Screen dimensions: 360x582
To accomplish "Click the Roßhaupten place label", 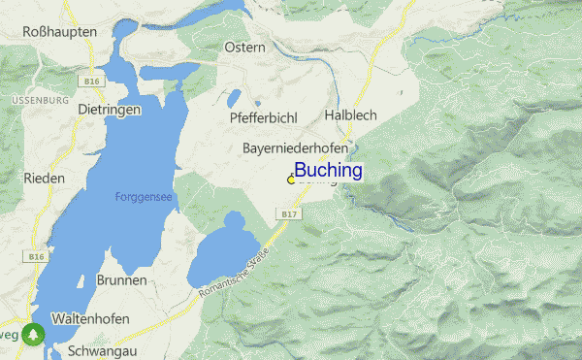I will (x=60, y=32).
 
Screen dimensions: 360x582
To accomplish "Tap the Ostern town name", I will (x=244, y=48).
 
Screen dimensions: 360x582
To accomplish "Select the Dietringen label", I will (x=110, y=110).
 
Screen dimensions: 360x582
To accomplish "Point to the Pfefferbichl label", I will (x=263, y=116).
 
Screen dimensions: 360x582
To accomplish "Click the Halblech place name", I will (x=349, y=115).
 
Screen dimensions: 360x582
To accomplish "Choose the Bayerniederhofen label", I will (x=294, y=147).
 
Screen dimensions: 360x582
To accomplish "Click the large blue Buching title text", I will (x=329, y=171).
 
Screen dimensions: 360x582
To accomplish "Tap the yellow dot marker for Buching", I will (x=291, y=180).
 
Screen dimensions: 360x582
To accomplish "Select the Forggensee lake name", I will (x=144, y=196).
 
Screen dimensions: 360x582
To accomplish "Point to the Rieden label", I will (x=45, y=179).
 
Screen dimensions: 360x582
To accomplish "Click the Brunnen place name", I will (x=122, y=279).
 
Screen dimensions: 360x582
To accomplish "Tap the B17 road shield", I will (x=286, y=213).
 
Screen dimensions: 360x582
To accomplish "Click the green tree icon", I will (x=35, y=333).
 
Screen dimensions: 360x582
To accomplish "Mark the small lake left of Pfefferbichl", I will (x=234, y=99).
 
